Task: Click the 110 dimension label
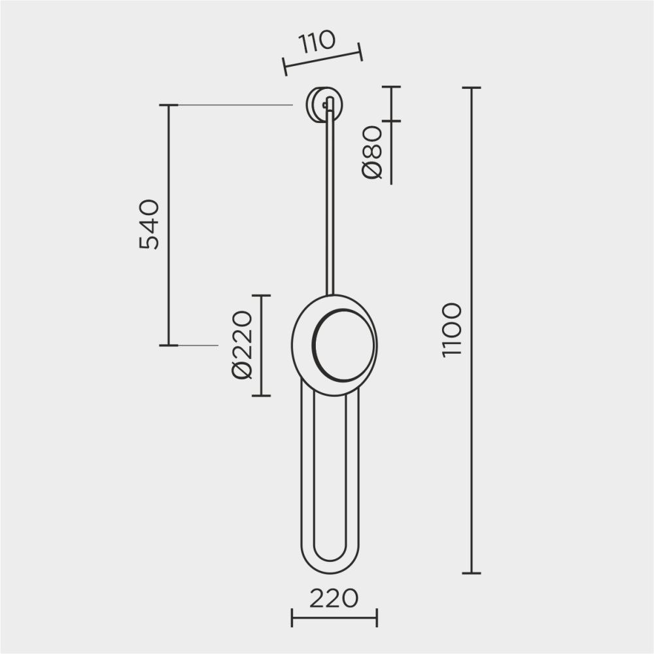[317, 42]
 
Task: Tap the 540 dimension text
[149, 225]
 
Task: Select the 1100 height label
[452, 330]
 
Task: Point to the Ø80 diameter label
[371, 152]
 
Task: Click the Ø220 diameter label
[242, 345]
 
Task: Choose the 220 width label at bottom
[334, 598]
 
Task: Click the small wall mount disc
[324, 105]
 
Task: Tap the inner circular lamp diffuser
[344, 345]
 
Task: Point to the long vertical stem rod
[330, 196]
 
